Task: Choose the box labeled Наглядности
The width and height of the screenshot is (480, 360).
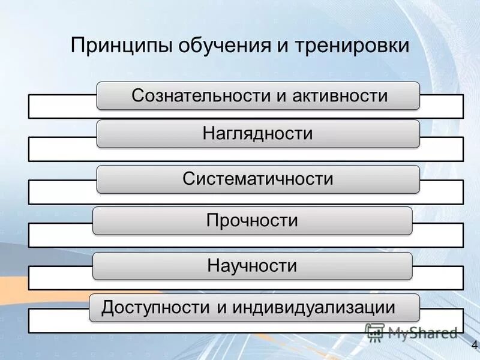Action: click(x=258, y=133)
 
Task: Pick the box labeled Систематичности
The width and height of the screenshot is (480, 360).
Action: click(x=258, y=179)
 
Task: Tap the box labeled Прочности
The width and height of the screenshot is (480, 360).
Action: click(x=252, y=220)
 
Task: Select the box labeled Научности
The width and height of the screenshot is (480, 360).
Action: click(x=252, y=265)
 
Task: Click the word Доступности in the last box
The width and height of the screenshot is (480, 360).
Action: click(x=157, y=308)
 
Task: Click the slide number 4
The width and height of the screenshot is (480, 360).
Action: click(x=474, y=345)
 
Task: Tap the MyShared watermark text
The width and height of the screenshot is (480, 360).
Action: click(x=422, y=332)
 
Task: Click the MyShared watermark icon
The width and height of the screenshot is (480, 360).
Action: click(x=374, y=332)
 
